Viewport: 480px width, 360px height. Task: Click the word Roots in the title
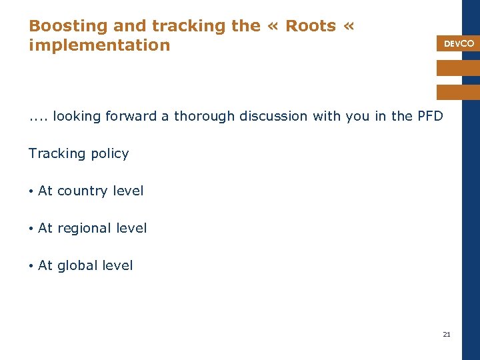pos(311,26)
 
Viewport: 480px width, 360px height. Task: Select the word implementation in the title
pos(99,45)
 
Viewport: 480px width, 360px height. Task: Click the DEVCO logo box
pos(459,43)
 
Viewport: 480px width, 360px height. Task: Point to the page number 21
pos(447,334)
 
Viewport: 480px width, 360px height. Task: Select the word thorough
pos(204,116)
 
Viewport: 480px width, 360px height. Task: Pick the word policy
pos(111,153)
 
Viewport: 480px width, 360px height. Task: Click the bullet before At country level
pos(31,191)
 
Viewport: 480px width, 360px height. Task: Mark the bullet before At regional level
pos(31,229)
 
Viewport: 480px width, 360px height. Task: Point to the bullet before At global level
pos(31,266)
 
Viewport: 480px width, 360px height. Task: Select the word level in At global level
pos(118,265)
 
